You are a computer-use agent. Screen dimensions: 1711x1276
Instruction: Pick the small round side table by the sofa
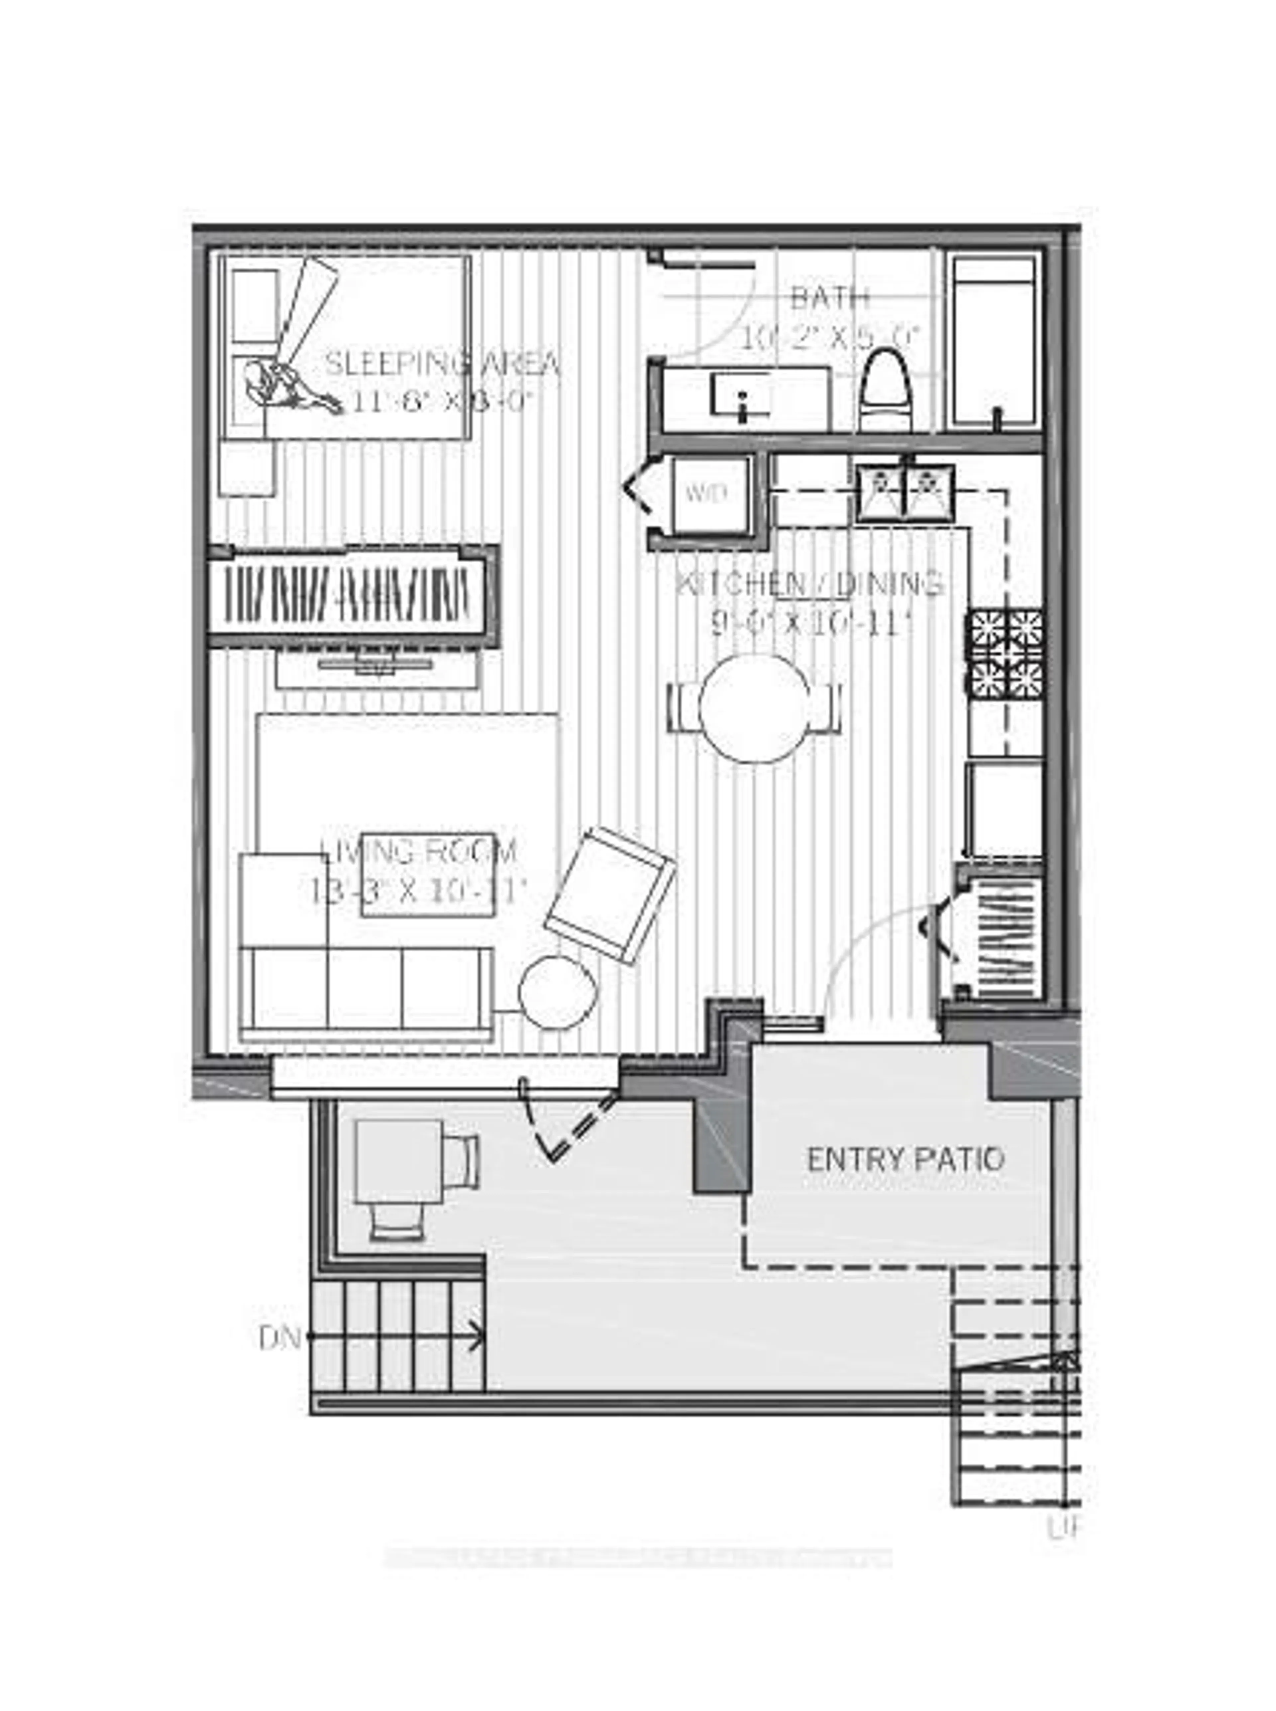pyautogui.click(x=558, y=993)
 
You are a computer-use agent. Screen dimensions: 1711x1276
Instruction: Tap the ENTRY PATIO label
pyautogui.click(x=905, y=1159)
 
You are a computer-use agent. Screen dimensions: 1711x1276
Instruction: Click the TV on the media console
pyautogui.click(x=377, y=663)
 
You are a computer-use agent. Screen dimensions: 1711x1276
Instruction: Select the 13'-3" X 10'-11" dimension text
pyautogui.click(x=417, y=892)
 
